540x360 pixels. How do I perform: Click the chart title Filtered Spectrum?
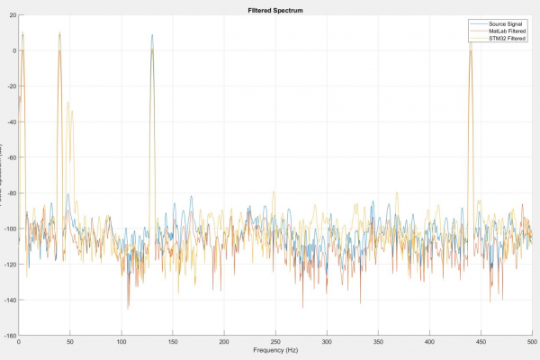point(274,9)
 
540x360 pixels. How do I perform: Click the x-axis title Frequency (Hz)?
point(274,349)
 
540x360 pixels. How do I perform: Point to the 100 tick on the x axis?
point(121,341)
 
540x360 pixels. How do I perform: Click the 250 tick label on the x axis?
point(274,341)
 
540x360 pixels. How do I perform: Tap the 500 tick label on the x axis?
point(531,341)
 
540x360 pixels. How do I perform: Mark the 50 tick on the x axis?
point(69,341)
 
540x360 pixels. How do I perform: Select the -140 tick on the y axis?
point(10,300)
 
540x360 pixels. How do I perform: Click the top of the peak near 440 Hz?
point(470,42)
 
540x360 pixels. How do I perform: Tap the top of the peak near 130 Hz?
point(152,36)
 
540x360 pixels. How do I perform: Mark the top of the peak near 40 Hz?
point(59,34)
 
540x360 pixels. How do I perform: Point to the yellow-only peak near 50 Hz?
point(68,103)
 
